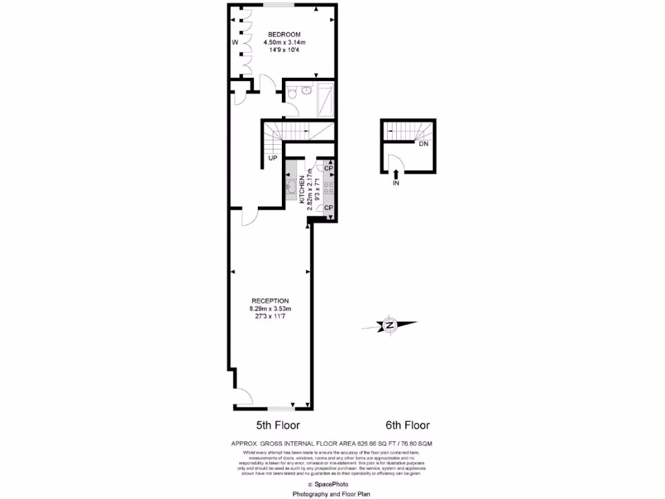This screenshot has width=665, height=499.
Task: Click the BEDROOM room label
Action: (284, 34)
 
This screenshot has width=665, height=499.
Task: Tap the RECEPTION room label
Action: (270, 301)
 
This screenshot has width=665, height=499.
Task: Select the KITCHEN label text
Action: (302, 192)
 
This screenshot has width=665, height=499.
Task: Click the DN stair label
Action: (423, 144)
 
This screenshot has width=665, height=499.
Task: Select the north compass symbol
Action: (390, 325)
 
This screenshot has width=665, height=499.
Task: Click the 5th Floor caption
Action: (277, 426)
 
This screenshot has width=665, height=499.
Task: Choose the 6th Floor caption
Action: (407, 426)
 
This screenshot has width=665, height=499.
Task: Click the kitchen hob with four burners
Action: (329, 187)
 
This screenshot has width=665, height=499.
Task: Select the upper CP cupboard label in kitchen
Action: (329, 168)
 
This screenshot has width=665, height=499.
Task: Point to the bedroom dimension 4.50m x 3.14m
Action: (284, 43)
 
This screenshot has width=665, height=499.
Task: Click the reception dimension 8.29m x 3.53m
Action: (271, 309)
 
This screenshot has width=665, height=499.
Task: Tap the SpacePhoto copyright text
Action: (332, 485)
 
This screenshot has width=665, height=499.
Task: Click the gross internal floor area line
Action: (332, 443)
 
